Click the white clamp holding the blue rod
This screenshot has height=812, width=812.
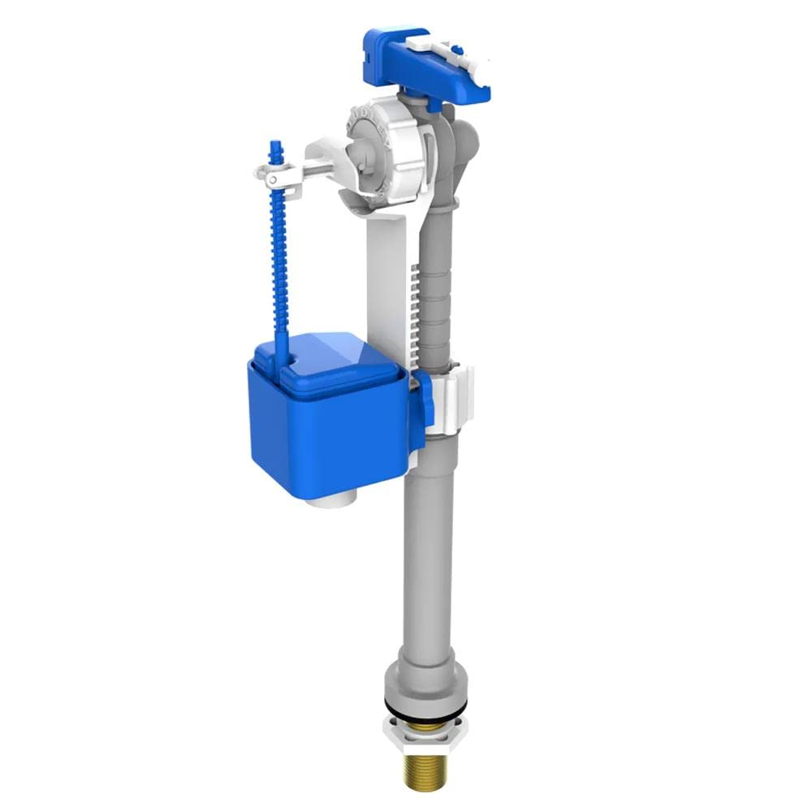(x=276, y=173)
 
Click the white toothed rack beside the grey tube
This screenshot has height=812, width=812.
(x=416, y=309)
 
